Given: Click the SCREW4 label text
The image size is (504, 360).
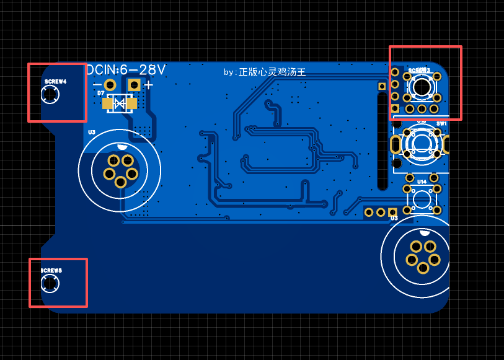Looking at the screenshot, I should coord(55,82).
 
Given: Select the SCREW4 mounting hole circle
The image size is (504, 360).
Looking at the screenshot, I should coord(50,95).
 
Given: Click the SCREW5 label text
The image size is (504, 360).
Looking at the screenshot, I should coord(51,271).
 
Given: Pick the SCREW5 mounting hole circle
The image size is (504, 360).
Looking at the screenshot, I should coord(50,284).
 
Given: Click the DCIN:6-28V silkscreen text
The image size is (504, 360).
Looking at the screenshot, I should coord(126,70).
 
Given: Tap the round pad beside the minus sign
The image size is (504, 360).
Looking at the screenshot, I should coord(110,85).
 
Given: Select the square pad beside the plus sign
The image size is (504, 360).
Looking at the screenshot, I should coord(134,85).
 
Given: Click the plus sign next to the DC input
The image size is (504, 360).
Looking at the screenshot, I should coord(149,85).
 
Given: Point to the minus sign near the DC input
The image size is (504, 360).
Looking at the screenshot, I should coord(97,85).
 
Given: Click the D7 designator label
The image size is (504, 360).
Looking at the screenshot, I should coord(100,93).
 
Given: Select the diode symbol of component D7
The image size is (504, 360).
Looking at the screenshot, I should coord(121,103).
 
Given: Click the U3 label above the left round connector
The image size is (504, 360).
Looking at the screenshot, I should coord(92,132).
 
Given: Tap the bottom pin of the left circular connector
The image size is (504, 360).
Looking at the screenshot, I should coord(120,182).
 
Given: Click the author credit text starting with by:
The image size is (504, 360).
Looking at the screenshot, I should coord(265,72).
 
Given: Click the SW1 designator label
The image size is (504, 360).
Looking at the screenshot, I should coord(441,124).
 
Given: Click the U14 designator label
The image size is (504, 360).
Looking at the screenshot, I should coord(422,182).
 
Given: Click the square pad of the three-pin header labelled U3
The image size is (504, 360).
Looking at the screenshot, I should coord(392,213).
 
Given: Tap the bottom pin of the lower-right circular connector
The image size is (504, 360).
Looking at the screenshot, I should coord(423,268).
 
